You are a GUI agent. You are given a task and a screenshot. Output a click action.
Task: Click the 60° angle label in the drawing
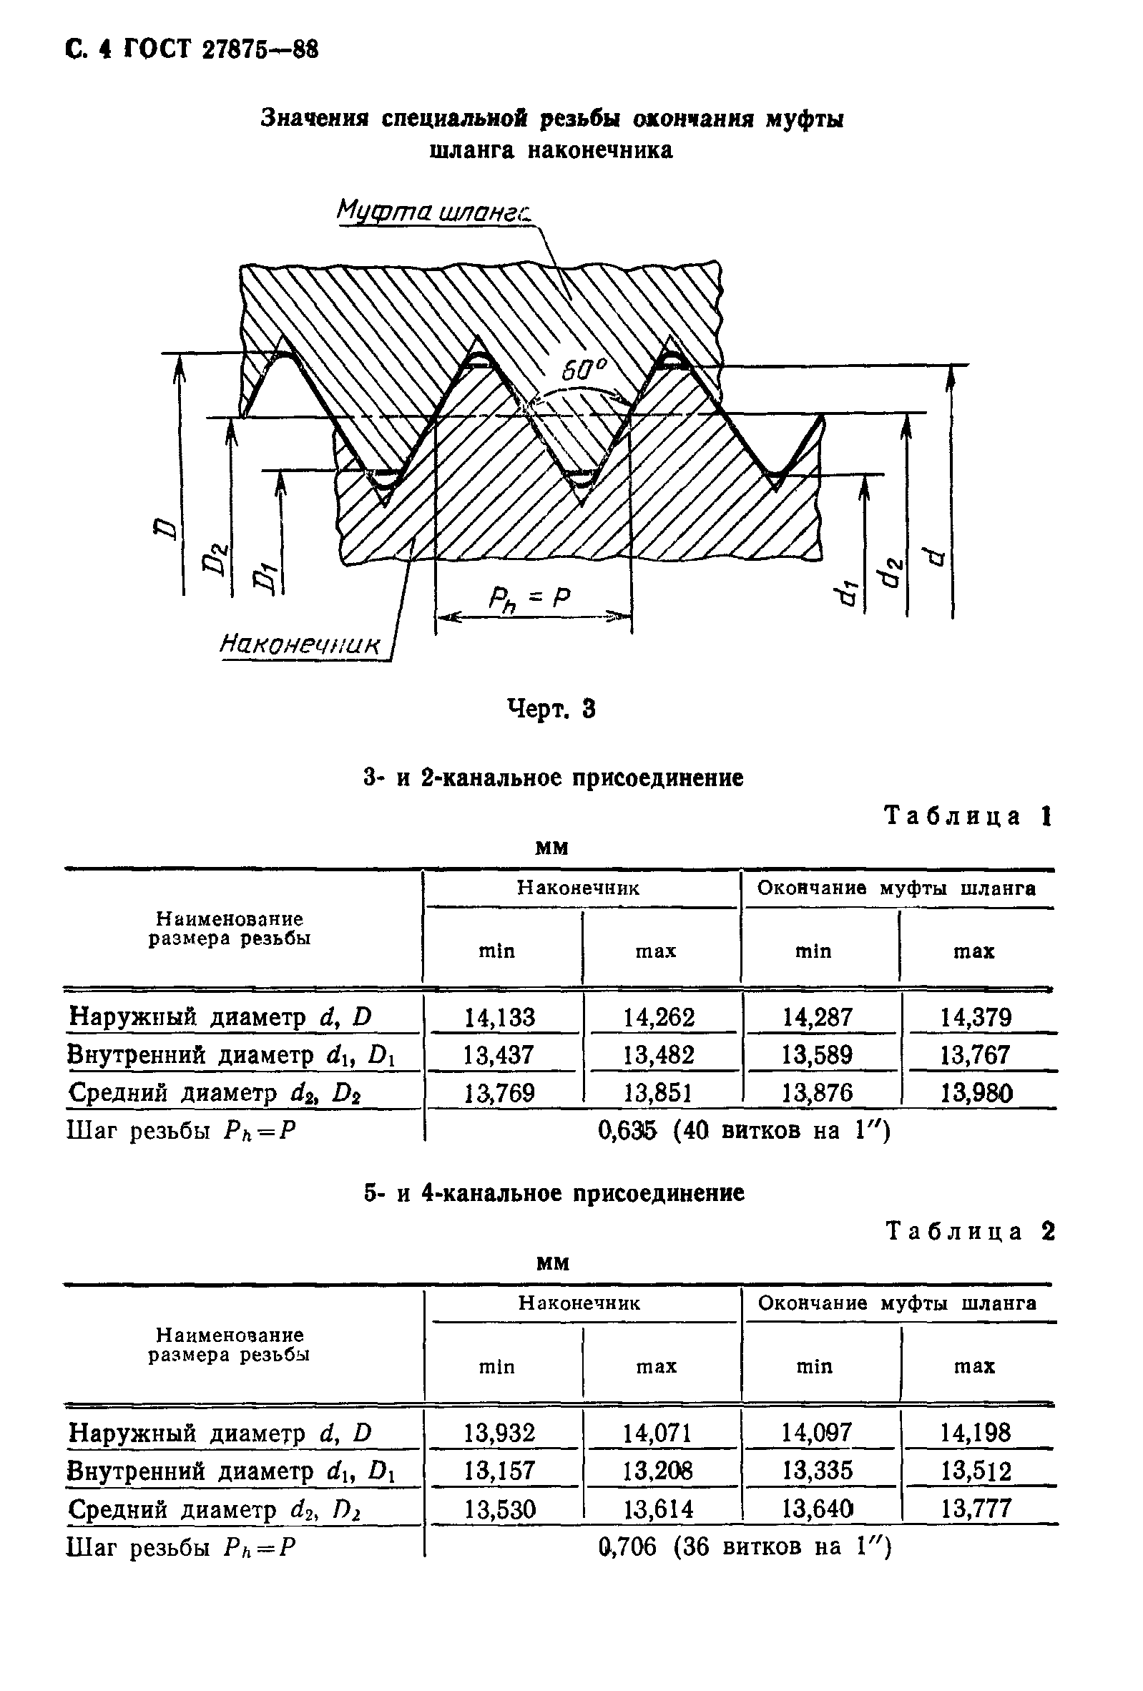583,372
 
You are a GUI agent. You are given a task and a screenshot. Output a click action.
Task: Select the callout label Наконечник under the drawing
300,642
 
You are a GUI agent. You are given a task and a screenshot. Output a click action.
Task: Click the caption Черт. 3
551,708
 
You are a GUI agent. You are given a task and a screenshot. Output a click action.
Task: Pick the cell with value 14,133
499,1017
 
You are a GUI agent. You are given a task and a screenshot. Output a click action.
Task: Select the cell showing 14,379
976,1017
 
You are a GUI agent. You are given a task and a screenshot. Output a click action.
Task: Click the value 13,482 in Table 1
659,1055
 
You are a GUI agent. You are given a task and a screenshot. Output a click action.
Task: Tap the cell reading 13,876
816,1093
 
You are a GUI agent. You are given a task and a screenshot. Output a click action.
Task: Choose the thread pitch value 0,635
627,1130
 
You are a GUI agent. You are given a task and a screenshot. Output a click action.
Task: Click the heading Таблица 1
968,816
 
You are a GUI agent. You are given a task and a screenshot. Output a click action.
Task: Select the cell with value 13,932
499,1433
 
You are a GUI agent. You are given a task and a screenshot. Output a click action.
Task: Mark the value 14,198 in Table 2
976,1433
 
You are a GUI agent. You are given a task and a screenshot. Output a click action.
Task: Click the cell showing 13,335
816,1471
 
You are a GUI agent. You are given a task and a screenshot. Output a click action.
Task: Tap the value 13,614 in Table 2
659,1509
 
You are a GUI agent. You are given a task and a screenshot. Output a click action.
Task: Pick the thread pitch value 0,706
627,1547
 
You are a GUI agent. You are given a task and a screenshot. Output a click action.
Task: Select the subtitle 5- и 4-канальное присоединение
554,1193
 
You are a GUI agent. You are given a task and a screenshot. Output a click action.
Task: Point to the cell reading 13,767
976,1055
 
